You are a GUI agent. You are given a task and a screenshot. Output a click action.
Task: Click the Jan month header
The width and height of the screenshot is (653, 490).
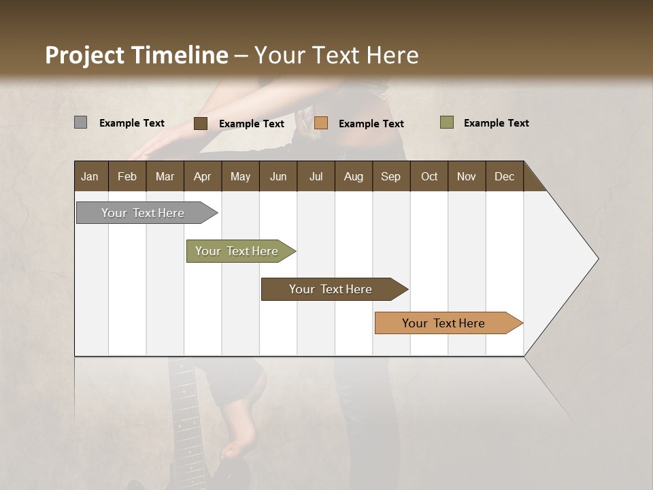pos(90,176)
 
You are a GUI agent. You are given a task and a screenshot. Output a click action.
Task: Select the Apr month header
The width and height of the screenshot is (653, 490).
pos(203,176)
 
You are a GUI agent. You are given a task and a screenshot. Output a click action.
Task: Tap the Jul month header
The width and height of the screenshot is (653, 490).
pos(316,176)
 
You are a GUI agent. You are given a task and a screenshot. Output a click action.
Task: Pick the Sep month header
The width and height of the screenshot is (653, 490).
pos(390,176)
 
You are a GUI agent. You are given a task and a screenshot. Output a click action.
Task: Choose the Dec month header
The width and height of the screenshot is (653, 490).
pos(504,176)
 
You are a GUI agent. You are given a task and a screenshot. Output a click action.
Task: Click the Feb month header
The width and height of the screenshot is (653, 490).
pos(127,176)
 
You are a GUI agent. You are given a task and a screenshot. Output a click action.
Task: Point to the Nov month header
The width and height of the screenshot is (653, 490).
pos(467,176)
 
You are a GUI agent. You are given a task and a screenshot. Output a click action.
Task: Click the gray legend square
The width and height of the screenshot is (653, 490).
pos(80,122)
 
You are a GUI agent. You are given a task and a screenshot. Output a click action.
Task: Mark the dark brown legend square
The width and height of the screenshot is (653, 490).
pos(201,123)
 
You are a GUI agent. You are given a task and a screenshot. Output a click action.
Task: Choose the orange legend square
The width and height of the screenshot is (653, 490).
pos(321,123)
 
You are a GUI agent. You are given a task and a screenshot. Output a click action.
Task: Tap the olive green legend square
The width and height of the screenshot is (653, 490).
pos(446,122)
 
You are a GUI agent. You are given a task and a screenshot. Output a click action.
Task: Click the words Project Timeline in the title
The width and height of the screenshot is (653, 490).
pos(136,55)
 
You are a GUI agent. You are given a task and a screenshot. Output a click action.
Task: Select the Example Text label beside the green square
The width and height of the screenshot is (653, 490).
pos(496,123)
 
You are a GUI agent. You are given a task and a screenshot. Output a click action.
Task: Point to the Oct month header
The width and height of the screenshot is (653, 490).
pos(429,176)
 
